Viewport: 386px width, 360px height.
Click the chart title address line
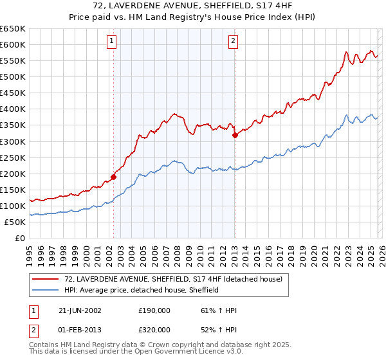(193, 6)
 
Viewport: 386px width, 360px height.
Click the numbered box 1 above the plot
(112, 41)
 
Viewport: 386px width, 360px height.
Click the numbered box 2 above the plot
(232, 41)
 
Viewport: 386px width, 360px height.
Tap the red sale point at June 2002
(114, 177)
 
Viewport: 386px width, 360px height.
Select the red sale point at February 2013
(235, 135)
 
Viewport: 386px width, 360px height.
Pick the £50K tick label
(15, 222)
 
